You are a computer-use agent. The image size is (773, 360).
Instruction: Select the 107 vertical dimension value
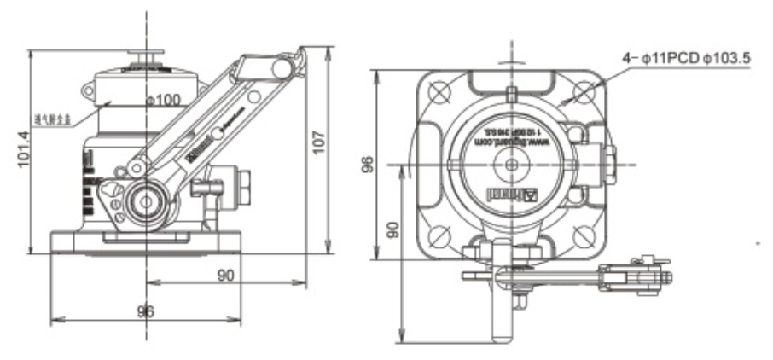click(318, 142)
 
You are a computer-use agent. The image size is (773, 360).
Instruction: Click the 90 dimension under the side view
click(226, 275)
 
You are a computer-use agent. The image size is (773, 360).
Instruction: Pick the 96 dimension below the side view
click(146, 311)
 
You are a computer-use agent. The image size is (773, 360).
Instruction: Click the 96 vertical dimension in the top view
click(368, 165)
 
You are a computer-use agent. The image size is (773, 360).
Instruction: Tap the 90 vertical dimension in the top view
click(393, 230)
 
